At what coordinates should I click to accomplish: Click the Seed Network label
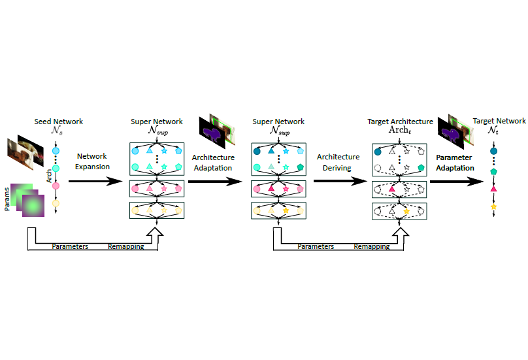point(59,122)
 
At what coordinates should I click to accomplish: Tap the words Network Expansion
point(91,161)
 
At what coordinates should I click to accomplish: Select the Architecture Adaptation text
point(213,162)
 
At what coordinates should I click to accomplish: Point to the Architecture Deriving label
point(338,162)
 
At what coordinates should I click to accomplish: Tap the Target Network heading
point(499,121)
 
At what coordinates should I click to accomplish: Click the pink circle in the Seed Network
point(56,186)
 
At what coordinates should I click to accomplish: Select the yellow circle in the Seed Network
point(56,203)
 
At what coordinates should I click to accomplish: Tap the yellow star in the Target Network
point(494,207)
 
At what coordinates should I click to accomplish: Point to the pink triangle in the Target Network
point(494,189)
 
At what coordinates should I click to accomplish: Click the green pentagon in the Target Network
point(494,171)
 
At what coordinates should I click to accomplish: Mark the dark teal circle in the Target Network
point(494,152)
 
